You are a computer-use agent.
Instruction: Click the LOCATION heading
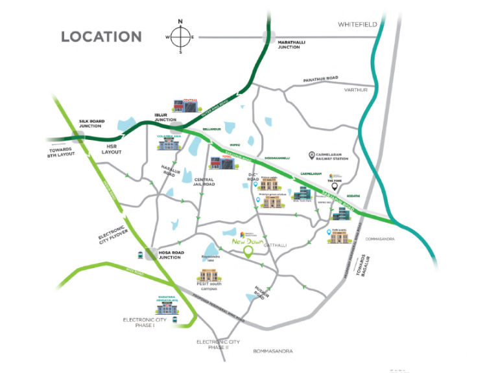[x=101, y=36]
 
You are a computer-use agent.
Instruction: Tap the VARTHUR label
[x=356, y=90]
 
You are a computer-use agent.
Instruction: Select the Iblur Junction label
[x=165, y=117]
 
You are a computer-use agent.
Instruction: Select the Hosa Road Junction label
[x=170, y=254]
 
